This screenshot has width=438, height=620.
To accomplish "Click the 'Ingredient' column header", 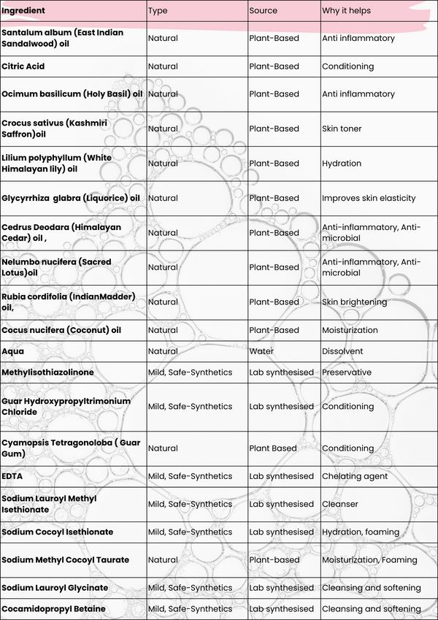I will pos(23,11).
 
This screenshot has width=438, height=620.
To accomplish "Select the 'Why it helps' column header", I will pos(346,11).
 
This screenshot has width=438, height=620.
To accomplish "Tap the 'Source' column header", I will pos(264,11).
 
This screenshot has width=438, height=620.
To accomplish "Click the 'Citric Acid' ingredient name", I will pos(23,66).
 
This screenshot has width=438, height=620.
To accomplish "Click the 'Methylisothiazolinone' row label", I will pos(47,372).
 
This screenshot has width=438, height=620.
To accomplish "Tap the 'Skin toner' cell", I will pos(342,129).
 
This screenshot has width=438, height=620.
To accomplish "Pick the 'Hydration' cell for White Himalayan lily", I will pos(342,164).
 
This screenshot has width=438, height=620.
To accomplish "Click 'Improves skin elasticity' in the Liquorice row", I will pos(369,198).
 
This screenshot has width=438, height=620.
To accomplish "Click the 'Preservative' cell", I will pos(347,372).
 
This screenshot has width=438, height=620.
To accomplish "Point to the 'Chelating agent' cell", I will pos(353,476).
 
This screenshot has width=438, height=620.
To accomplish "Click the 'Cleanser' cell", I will pos(339,504).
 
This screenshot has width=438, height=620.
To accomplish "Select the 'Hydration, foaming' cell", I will pos(361,532).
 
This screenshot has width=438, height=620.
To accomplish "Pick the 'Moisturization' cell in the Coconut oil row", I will pos(350,330).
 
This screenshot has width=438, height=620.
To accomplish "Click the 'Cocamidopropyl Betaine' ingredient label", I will pos(53,608).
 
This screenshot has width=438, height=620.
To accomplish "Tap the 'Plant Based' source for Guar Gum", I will pos(273,448).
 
